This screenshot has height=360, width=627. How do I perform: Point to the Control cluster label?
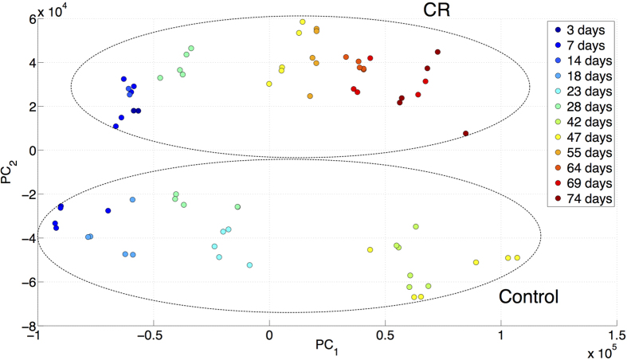(x=528, y=297)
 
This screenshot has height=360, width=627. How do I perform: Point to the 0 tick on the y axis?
(x=25, y=150)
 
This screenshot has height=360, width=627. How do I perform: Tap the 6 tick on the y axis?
(x=25, y=18)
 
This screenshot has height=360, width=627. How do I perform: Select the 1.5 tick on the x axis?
(x=614, y=337)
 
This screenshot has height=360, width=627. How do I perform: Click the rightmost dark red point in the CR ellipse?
(x=466, y=134)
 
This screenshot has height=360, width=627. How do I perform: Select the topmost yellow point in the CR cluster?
(x=303, y=22)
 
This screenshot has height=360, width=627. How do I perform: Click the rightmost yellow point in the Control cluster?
(x=517, y=258)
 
